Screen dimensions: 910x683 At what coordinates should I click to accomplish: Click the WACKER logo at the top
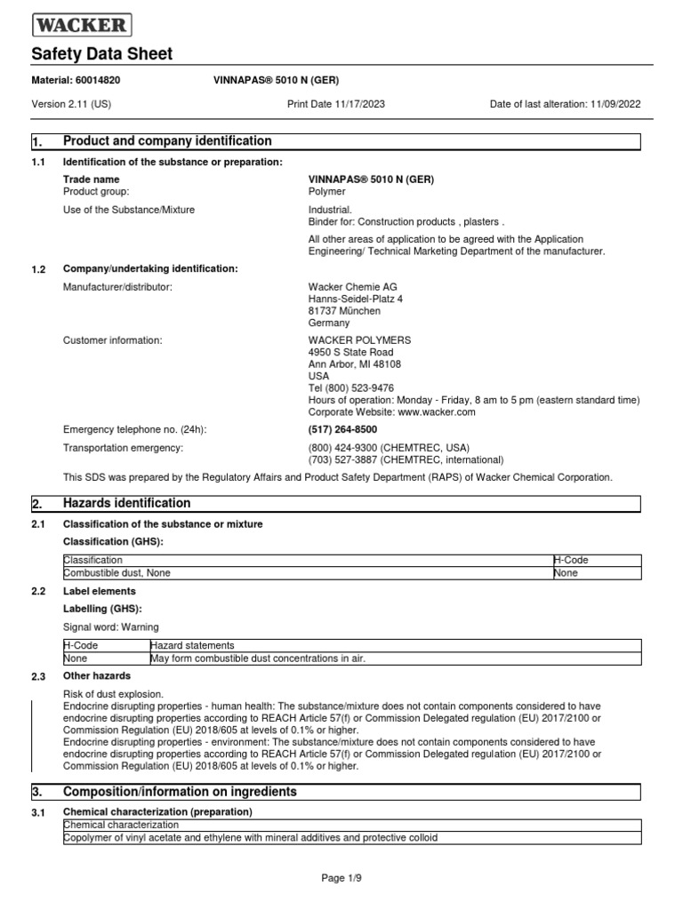[x=81, y=24]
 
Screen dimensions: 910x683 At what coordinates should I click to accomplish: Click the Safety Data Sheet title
[x=102, y=54]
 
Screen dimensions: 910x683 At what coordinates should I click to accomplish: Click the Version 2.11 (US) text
[x=71, y=104]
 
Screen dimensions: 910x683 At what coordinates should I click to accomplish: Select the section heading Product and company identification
[x=167, y=141]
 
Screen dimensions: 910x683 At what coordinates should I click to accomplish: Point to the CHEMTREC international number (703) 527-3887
[x=343, y=459]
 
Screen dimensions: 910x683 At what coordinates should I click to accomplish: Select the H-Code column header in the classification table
[x=571, y=561]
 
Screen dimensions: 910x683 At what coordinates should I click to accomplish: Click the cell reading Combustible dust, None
[x=117, y=573]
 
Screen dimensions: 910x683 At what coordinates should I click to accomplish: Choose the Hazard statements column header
[x=192, y=645]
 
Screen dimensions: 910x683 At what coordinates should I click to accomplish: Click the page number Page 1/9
[x=341, y=878]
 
